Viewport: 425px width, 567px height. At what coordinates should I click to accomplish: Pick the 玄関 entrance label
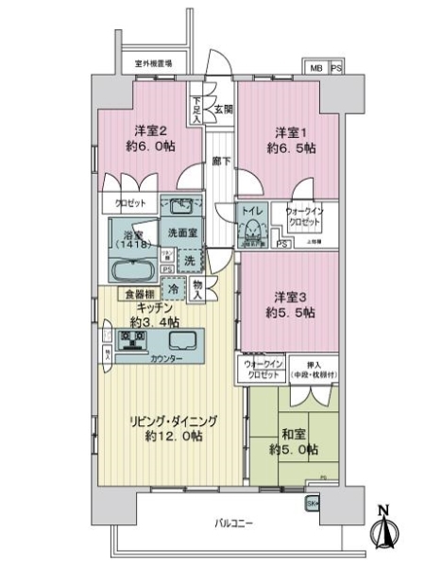coord(223,108)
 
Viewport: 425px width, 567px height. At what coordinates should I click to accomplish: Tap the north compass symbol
coord(384,527)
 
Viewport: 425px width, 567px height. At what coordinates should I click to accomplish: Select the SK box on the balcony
coord(313,504)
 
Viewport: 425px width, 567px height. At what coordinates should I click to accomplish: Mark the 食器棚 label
coord(132,294)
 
